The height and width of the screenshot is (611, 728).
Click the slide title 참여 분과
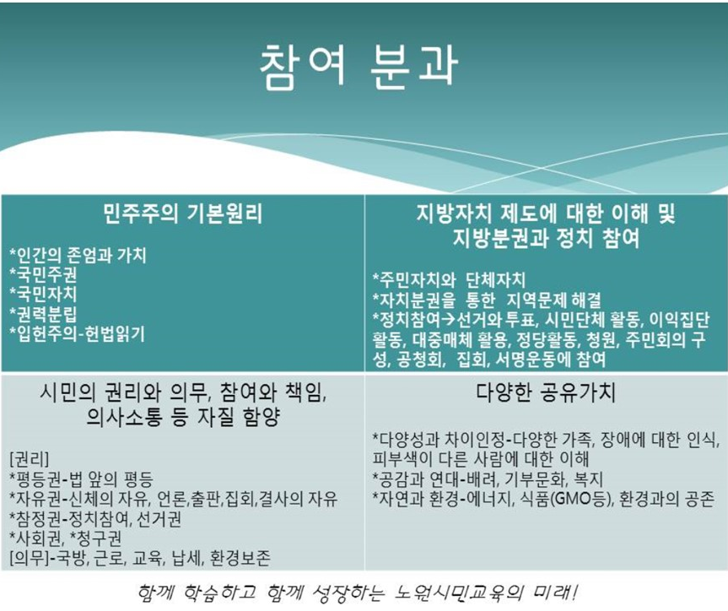click(359, 67)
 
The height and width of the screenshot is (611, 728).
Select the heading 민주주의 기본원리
click(182, 214)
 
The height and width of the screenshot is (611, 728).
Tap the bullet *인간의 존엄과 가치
click(78, 255)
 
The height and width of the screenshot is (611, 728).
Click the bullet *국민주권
click(43, 274)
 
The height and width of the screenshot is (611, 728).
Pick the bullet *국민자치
click(43, 295)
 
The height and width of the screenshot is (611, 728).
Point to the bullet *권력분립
click(43, 314)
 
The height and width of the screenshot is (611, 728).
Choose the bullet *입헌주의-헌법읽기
click(77, 334)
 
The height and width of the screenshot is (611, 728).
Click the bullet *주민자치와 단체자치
click(449, 280)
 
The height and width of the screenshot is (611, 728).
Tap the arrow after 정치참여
click(448, 320)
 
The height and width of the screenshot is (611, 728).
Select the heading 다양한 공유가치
click(546, 393)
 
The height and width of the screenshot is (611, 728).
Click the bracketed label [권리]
click(29, 460)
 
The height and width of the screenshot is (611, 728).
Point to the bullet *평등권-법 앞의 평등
click(81, 479)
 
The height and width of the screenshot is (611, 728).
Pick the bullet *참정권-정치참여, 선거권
click(95, 518)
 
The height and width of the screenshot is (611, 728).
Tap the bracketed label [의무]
click(29, 558)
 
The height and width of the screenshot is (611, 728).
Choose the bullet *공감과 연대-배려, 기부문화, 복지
click(488, 479)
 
